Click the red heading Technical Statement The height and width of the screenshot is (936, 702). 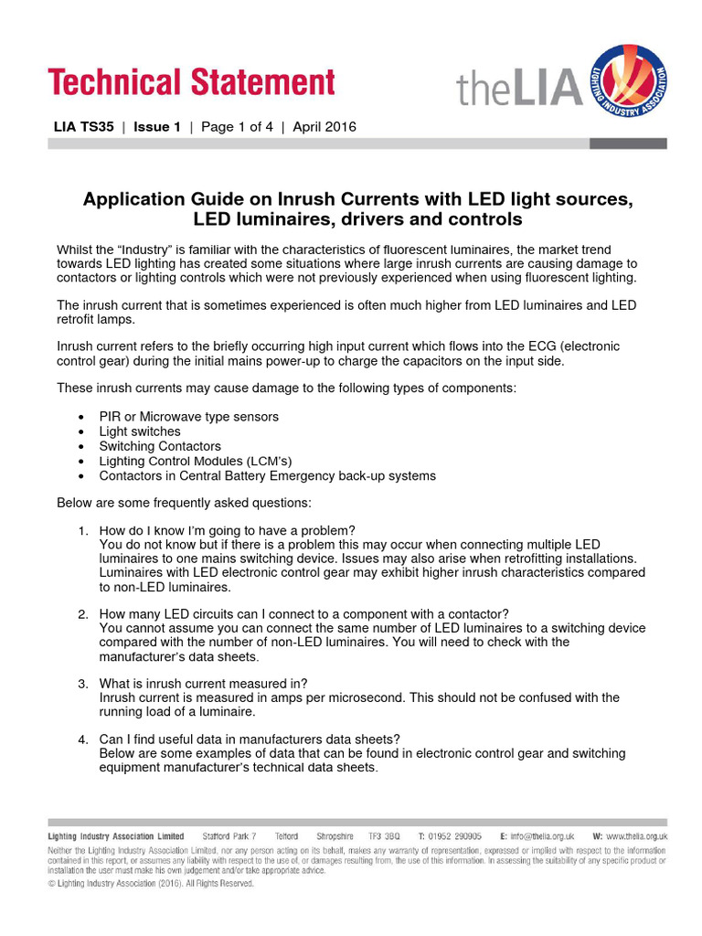[x=192, y=82]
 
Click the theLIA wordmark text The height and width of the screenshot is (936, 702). [x=519, y=89]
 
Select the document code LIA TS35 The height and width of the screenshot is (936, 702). [x=85, y=127]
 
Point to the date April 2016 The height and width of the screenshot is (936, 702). [x=324, y=127]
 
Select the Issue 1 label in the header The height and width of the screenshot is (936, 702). [x=157, y=127]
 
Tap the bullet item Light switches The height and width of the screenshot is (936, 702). [x=140, y=431]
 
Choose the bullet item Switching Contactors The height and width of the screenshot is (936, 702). [x=160, y=446]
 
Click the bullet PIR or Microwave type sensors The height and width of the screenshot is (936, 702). [x=189, y=417]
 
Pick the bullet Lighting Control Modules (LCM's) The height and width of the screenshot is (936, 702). [x=196, y=461]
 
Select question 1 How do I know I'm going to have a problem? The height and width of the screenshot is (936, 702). [x=227, y=531]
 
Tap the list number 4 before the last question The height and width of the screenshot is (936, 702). [x=82, y=739]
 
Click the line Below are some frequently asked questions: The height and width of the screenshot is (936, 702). [x=184, y=503]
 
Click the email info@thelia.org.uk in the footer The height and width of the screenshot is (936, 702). [x=542, y=836]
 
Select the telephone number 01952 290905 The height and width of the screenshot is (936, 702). [x=456, y=836]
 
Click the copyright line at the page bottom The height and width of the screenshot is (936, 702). [x=151, y=884]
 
